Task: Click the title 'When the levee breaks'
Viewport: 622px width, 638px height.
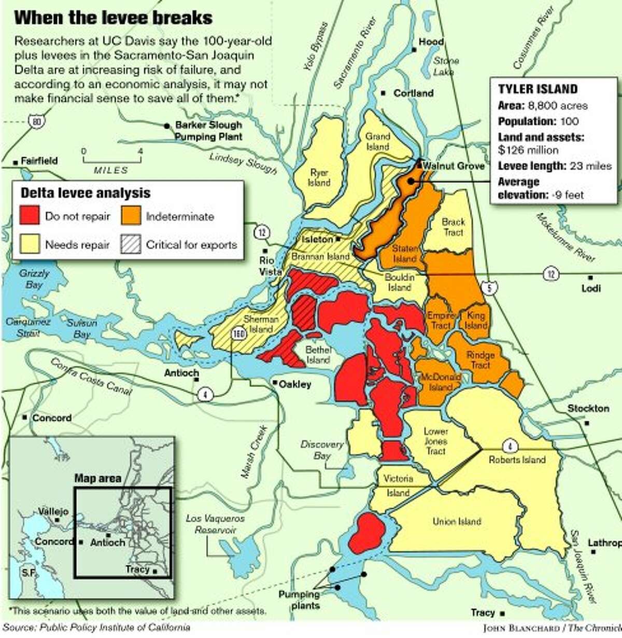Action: tap(113, 18)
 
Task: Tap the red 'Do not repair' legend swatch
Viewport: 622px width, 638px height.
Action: tap(30, 216)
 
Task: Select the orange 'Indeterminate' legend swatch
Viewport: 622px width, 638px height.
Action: tap(131, 216)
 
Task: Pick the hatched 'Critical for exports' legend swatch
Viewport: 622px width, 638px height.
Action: tap(131, 244)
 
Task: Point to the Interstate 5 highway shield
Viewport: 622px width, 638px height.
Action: tap(490, 288)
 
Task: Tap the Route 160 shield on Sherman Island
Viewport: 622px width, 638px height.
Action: tap(238, 334)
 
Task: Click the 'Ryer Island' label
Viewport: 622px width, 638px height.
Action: tap(319, 177)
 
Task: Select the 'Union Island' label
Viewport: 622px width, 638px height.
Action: tap(457, 521)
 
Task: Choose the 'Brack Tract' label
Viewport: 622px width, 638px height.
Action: tap(453, 227)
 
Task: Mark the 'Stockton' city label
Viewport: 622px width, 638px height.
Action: tap(588, 408)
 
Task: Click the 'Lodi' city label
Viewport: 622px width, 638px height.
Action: tap(591, 288)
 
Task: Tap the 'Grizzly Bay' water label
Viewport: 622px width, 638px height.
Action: tap(34, 279)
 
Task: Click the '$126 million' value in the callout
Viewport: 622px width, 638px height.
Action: tap(528, 150)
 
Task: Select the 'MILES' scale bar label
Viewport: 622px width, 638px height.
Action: tap(111, 170)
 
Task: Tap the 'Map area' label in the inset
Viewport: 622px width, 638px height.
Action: tap(97, 478)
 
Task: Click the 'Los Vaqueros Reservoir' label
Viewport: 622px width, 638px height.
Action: tap(215, 524)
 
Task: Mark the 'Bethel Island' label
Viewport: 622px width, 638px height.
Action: tap(318, 355)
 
